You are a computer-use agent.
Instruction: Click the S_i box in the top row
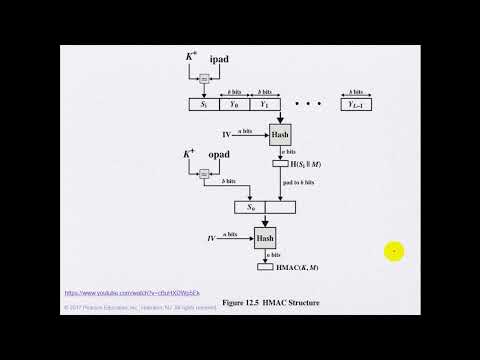coord(203,102)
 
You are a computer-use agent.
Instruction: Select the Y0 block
coord(233,102)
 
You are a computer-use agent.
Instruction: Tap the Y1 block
coord(264,102)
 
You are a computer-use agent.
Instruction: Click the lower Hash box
coord(265,239)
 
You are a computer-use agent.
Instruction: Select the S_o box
coord(249,207)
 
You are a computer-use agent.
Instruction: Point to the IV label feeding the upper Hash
coord(226,134)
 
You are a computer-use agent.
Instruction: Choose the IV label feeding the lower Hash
coord(210,239)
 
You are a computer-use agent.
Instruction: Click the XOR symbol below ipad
coord(203,79)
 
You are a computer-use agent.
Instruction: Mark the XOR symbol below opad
coord(203,174)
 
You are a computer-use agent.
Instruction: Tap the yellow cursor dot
coord(395,252)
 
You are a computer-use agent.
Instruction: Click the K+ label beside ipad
coord(190,57)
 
